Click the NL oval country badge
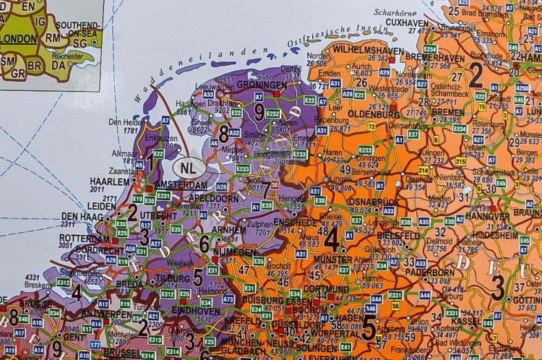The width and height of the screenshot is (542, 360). (190, 167)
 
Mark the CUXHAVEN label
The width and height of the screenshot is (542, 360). (407, 23)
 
